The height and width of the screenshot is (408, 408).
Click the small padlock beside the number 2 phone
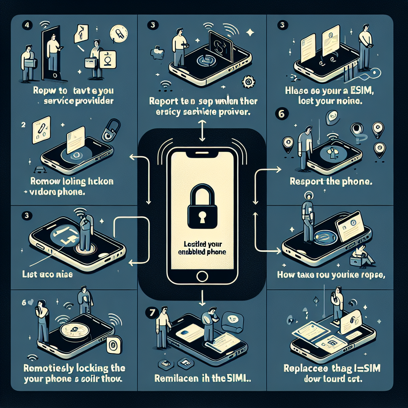(109, 131)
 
